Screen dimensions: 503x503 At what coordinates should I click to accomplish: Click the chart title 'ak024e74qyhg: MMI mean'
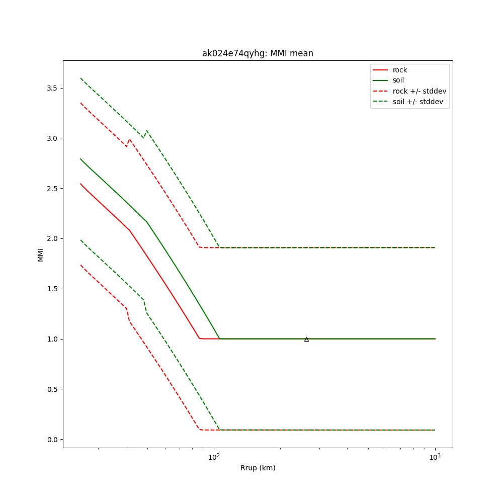click(258, 53)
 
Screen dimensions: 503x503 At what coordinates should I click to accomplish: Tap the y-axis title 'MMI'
click(40, 255)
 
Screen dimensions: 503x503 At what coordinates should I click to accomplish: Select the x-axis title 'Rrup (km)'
click(258, 468)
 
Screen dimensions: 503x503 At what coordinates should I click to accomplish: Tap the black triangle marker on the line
click(306, 339)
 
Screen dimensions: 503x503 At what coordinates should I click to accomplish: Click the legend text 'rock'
click(400, 70)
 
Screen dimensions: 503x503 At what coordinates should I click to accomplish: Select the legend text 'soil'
click(398, 80)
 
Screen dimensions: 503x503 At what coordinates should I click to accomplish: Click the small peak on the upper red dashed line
click(130, 139)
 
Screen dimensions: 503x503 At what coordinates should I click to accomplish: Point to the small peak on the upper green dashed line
click(146, 131)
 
